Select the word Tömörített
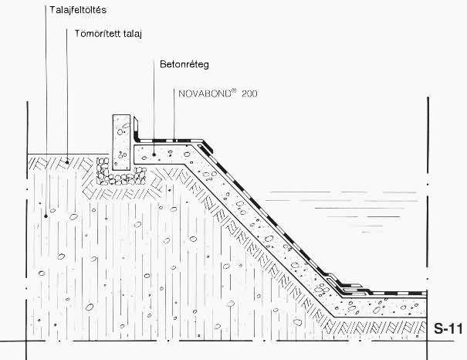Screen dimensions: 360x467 [93, 34]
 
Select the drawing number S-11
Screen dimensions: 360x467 [448, 326]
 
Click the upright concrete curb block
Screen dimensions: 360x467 [122, 141]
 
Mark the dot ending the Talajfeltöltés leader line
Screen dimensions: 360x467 [46, 216]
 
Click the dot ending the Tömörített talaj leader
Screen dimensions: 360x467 [67, 161]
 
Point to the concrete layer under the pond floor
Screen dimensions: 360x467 [386, 305]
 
